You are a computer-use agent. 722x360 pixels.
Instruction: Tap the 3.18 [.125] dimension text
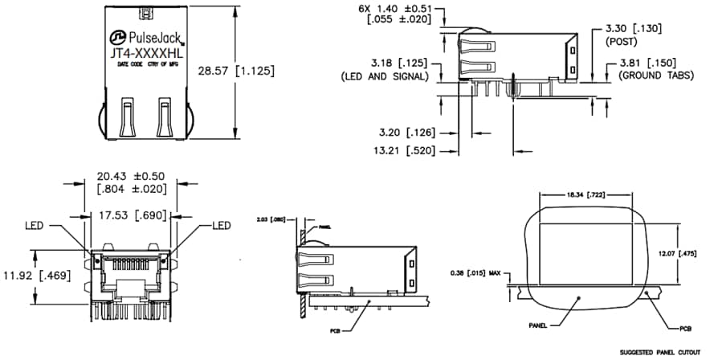(x=397, y=62)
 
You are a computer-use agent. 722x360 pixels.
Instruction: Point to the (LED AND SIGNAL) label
(x=388, y=76)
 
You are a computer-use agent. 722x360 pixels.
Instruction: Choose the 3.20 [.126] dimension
(x=402, y=132)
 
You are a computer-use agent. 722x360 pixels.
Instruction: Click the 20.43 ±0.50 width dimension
(x=130, y=176)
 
